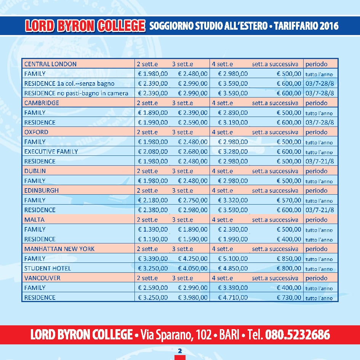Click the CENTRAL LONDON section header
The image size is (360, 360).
[x=50, y=64]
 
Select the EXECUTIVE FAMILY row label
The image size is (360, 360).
[x=51, y=152]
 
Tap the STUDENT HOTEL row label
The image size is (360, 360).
[x=48, y=268]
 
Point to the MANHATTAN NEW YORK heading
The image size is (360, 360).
[x=59, y=249]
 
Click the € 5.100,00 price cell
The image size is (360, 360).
[x=233, y=259]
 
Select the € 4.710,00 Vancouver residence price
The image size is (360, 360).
[x=233, y=298]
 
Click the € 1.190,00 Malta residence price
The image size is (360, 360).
[x=153, y=239]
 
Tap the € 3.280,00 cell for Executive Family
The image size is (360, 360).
[x=233, y=152]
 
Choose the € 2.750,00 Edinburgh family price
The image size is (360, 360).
[x=193, y=200]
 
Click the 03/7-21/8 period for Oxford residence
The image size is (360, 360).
[x=320, y=162]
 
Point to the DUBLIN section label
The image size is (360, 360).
[x=35, y=171]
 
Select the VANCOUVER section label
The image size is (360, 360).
[x=42, y=278]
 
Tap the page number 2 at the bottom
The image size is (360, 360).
[x=180, y=350]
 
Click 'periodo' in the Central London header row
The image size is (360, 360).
[x=316, y=64]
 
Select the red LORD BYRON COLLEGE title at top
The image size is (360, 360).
[x=85, y=26]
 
